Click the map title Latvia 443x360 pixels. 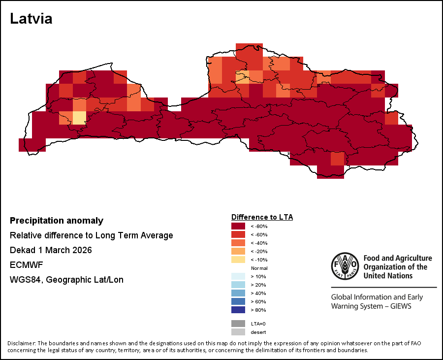pyautogui.click(x=31, y=19)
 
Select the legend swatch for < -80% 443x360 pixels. pyautogui.click(x=238, y=226)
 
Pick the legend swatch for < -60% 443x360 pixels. pyautogui.click(x=238, y=234)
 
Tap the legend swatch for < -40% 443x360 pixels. pyautogui.click(x=238, y=243)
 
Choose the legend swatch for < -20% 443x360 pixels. pyautogui.click(x=238, y=251)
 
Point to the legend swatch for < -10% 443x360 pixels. pyautogui.click(x=238, y=260)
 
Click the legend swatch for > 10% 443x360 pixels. pyautogui.click(x=238, y=276)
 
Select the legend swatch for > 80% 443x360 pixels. pyautogui.click(x=238, y=310)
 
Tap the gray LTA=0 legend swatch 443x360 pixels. pyautogui.click(x=238, y=324)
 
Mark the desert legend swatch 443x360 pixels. pyautogui.click(x=238, y=332)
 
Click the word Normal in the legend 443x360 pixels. pyautogui.click(x=259, y=268)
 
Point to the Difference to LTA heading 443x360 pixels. pyautogui.click(x=262, y=217)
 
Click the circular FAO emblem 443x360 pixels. pyautogui.click(x=345, y=266)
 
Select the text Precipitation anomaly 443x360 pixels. pyautogui.click(x=57, y=221)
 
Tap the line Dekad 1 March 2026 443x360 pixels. pyautogui.click(x=51, y=250)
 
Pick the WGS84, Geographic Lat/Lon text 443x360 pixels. pyautogui.click(x=66, y=280)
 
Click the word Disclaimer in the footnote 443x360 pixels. pyautogui.click(x=21, y=343)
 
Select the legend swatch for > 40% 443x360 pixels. pyautogui.click(x=238, y=293)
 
